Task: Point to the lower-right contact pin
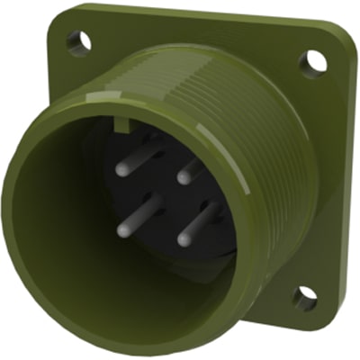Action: coord(197,224)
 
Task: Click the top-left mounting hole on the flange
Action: coord(78,40)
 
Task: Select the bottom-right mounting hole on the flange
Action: coord(304,297)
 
